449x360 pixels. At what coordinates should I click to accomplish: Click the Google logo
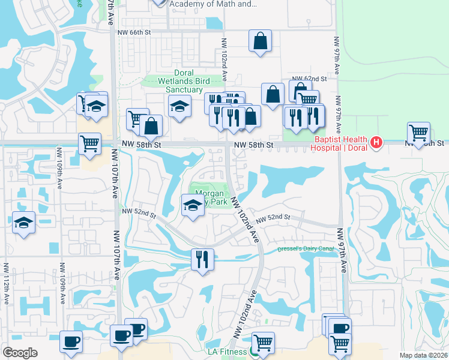(x=20, y=353)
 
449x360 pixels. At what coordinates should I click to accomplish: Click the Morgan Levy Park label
(x=209, y=197)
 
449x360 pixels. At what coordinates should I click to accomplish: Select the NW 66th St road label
(x=133, y=32)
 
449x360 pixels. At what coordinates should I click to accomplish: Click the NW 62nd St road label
(x=309, y=79)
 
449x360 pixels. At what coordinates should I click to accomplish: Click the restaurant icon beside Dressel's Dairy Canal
(x=202, y=259)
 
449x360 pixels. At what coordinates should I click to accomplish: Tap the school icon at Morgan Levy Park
(x=192, y=205)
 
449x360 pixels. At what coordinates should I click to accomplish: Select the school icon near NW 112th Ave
(x=24, y=223)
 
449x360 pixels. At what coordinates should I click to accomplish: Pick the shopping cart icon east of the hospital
(x=418, y=132)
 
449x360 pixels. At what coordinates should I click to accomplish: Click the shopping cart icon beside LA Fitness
(x=262, y=343)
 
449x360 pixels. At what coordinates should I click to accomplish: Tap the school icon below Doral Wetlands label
(x=179, y=106)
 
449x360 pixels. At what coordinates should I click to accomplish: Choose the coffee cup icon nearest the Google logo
(x=71, y=341)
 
